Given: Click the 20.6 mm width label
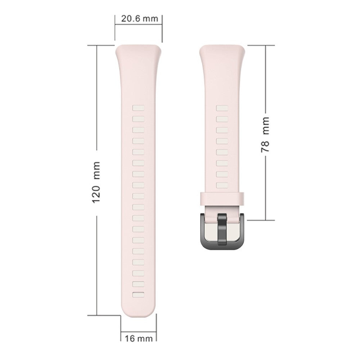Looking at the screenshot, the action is coord(140,19).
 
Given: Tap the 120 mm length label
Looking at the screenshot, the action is coord(96,182).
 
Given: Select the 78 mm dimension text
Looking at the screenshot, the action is coord(265,134).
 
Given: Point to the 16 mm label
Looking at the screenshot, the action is coord(139,338).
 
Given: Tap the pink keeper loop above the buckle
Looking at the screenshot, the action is coord(222,198).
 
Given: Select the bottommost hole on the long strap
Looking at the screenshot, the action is coord(138,295).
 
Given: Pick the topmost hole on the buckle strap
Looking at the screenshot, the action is coord(222,108).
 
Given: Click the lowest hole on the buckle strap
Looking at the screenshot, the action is coord(222,185).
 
